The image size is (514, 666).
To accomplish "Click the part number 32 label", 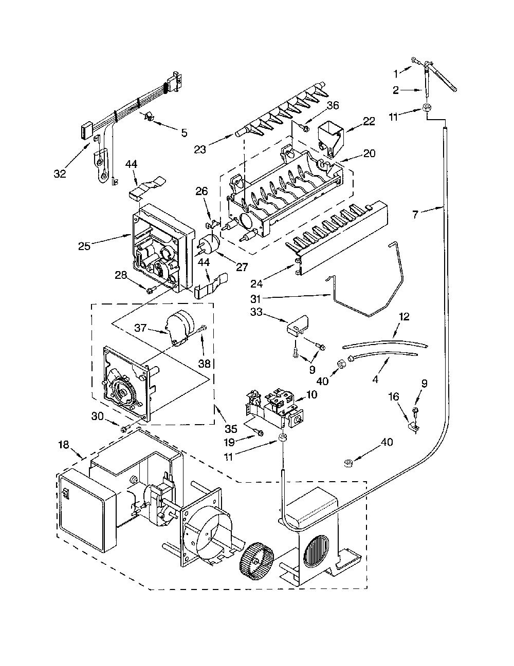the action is (x=60, y=174).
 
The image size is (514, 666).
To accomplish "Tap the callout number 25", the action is (x=84, y=246).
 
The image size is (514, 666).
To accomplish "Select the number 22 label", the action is (x=369, y=122).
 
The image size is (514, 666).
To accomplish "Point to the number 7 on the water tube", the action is (x=415, y=215).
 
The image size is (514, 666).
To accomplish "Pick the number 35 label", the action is (x=231, y=429).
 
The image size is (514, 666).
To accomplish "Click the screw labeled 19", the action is (x=259, y=432).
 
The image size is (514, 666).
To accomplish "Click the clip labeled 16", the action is (x=413, y=427).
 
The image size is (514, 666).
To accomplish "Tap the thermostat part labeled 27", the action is (x=209, y=244).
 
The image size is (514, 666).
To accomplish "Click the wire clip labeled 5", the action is (x=149, y=117).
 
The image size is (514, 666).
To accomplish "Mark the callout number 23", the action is (x=200, y=149).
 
